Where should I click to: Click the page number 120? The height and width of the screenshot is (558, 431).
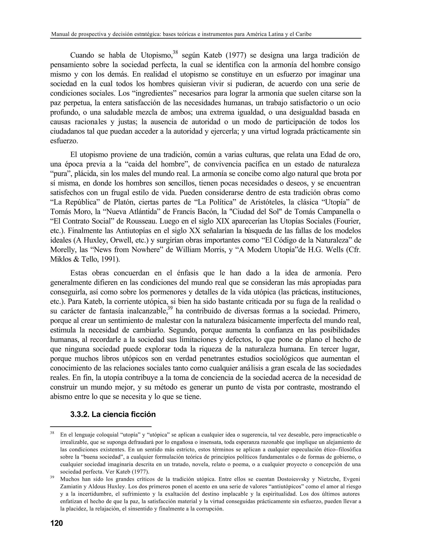click(56, 523)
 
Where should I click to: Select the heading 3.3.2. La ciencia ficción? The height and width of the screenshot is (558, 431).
click(113, 414)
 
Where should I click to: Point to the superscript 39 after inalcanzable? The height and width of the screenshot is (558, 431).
click(170, 308)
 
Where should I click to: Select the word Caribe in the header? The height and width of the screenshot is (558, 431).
click(304, 34)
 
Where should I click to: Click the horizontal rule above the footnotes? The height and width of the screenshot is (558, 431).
click(101, 426)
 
